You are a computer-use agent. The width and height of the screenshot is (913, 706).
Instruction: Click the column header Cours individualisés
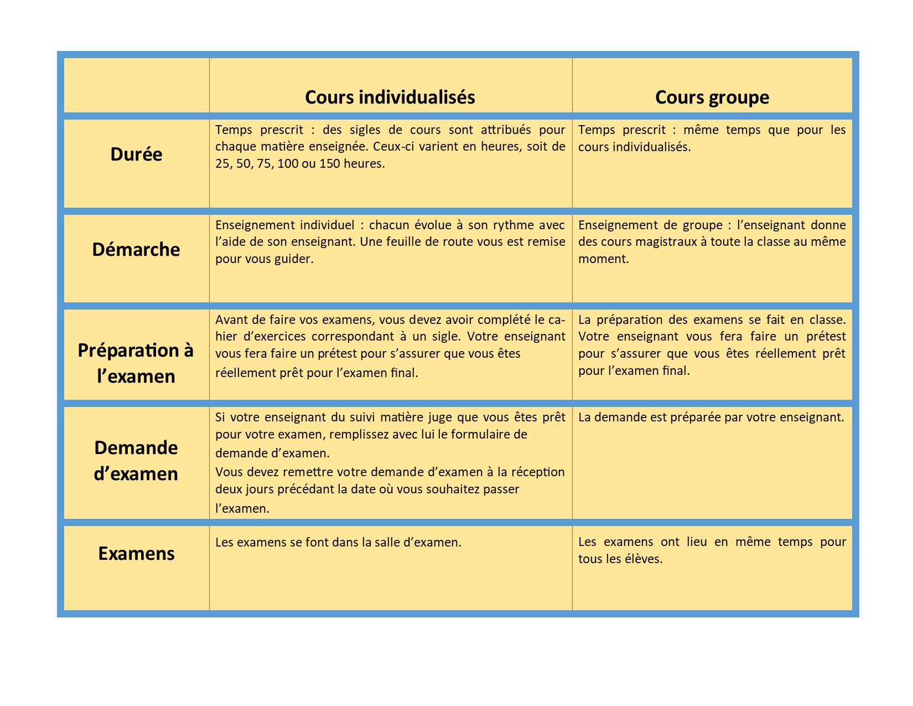390,97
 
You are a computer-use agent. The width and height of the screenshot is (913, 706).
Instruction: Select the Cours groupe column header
712,97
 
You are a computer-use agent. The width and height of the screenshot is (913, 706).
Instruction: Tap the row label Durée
136,154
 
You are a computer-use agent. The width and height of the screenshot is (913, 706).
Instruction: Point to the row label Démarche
136,250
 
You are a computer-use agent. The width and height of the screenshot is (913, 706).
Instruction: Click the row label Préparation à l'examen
136,363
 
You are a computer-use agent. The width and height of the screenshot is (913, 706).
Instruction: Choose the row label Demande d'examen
136,461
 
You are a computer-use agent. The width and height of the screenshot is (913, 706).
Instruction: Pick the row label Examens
136,554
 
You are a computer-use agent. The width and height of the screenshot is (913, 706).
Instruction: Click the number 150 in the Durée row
329,164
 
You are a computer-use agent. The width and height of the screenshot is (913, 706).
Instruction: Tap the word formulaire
481,435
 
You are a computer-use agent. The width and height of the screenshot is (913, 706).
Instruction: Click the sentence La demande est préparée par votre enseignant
711,418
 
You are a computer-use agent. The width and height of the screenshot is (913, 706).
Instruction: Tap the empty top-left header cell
136,85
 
